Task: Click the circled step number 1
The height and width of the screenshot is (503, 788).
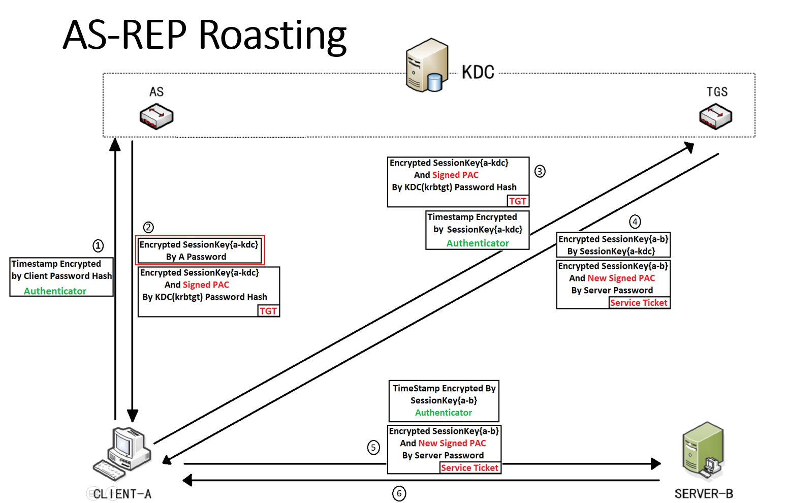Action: click(x=98, y=246)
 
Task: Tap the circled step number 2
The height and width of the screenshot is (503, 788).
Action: click(x=148, y=227)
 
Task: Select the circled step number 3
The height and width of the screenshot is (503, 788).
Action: click(x=540, y=171)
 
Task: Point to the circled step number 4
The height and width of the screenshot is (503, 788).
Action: click(x=635, y=222)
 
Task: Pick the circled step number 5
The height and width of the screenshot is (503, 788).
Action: click(x=373, y=448)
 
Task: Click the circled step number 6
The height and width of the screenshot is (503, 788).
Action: click(x=399, y=493)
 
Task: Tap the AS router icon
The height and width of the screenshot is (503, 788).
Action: click(x=156, y=116)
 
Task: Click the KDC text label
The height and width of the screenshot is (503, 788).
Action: click(x=478, y=73)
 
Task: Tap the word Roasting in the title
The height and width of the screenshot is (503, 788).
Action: click(x=272, y=35)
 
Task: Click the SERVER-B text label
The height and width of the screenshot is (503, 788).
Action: click(x=704, y=494)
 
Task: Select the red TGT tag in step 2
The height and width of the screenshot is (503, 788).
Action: click(x=268, y=311)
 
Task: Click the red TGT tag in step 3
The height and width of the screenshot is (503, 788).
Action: click(x=518, y=201)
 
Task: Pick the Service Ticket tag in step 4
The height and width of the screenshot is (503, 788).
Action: click(x=639, y=303)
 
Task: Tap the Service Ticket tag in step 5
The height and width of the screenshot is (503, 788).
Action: click(x=469, y=468)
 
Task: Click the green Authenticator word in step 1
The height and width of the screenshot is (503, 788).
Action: click(x=55, y=291)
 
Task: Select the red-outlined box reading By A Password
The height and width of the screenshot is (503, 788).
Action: click(x=200, y=250)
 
